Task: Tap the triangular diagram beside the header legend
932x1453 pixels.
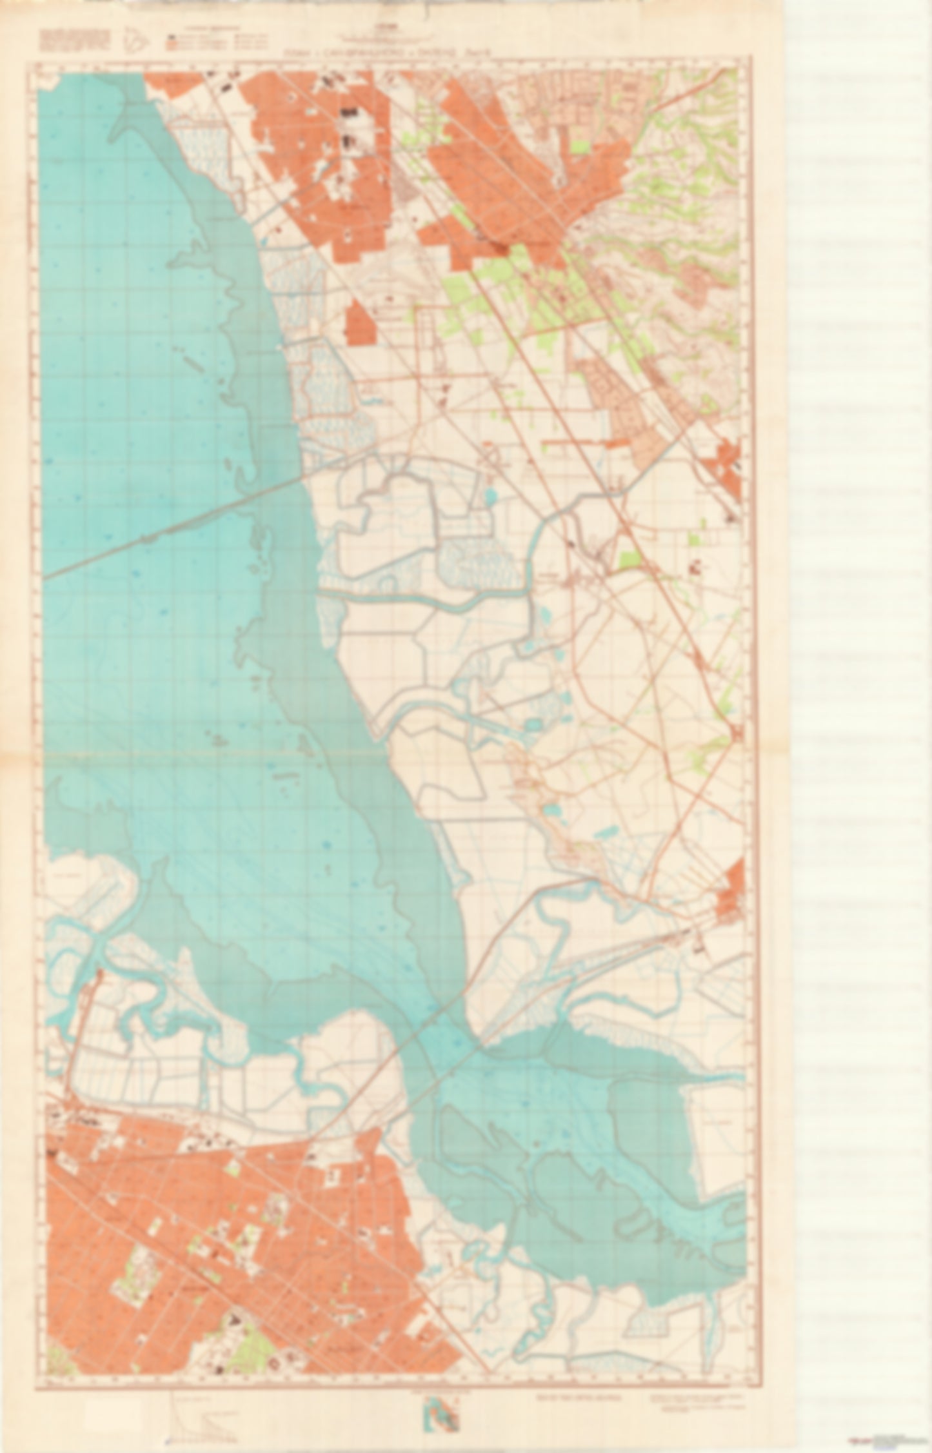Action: coord(141,42)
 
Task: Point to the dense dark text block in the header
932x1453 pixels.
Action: coord(74,40)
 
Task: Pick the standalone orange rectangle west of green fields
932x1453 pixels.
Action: coord(361,322)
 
